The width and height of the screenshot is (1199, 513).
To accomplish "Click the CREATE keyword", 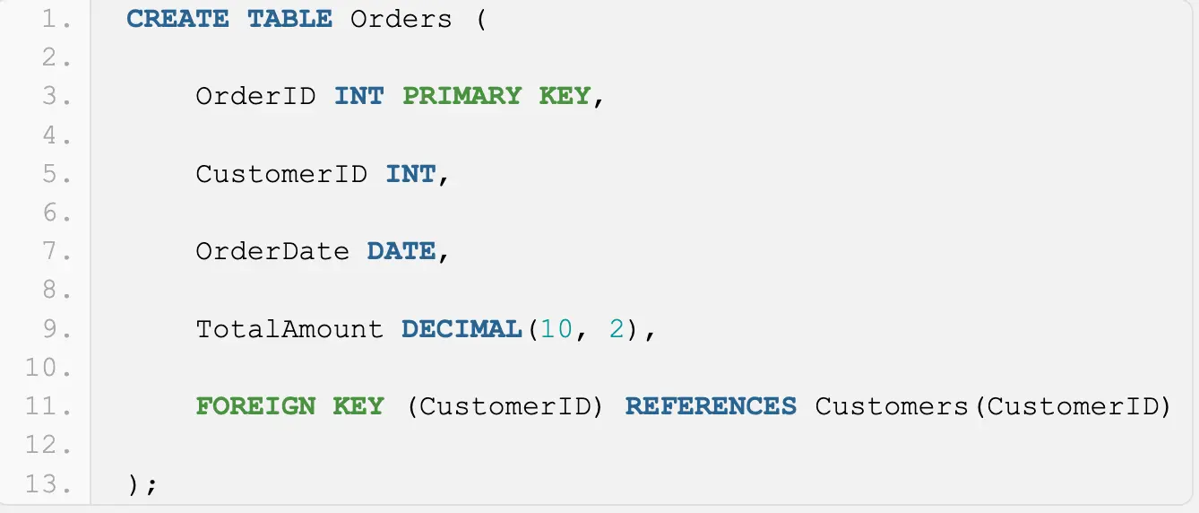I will [x=177, y=19].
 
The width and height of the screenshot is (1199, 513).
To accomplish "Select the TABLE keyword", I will [x=289, y=19].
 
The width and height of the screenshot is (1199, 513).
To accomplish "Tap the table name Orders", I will [x=401, y=19].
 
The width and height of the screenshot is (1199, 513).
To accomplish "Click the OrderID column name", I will [x=255, y=96].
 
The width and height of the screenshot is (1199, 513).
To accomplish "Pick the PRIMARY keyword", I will [x=461, y=96].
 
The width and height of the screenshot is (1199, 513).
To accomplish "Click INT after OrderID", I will [x=358, y=96].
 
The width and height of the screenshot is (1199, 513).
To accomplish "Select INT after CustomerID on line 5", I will [x=410, y=173].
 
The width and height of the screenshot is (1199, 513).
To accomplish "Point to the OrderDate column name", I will [x=272, y=251].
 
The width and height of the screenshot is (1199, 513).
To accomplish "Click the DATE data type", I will [x=401, y=251].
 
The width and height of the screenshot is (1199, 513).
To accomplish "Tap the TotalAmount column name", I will [x=289, y=329].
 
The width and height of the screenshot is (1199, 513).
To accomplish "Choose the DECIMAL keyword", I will [x=461, y=329].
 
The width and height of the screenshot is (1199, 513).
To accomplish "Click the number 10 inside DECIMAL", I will [x=556, y=329].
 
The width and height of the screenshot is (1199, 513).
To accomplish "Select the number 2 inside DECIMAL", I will [x=616, y=329].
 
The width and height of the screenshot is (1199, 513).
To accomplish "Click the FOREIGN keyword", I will [x=255, y=406].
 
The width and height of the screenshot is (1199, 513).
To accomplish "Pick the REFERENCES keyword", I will [x=711, y=406].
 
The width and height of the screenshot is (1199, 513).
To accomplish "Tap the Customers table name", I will [x=892, y=406].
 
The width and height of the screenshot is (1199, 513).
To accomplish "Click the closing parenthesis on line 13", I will [x=134, y=484].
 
